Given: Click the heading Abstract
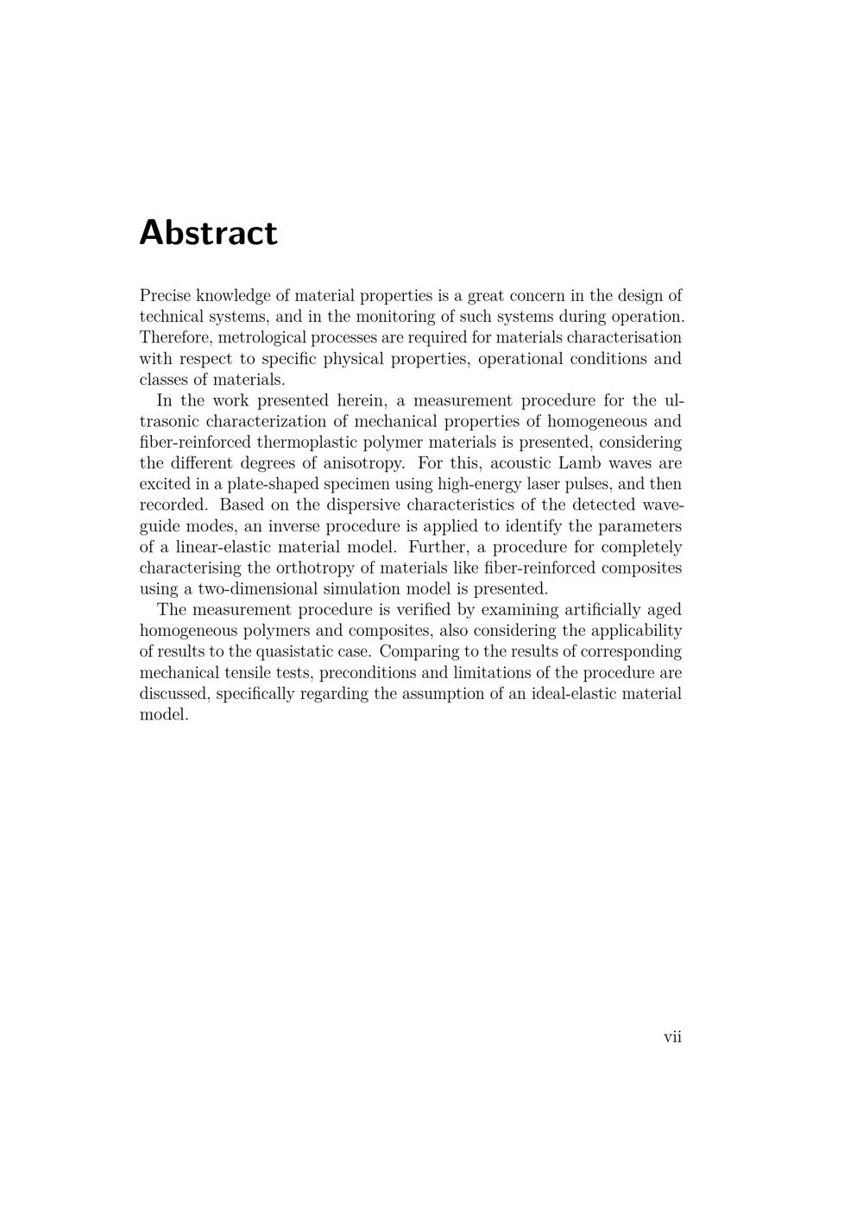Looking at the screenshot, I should point(208,233).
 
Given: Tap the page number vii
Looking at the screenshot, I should point(672,1037).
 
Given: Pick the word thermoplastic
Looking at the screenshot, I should point(312,443).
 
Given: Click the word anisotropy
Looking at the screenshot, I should point(362,463).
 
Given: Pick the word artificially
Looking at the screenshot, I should point(595,611).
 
